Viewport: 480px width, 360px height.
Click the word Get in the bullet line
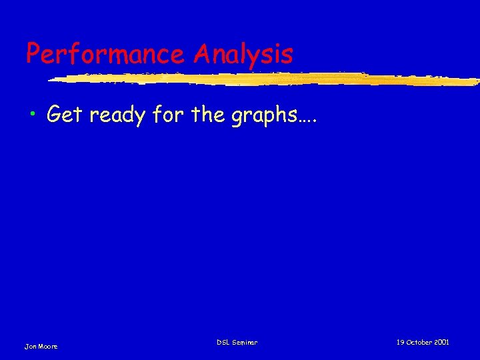point(65,115)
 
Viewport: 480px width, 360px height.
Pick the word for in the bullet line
point(168,115)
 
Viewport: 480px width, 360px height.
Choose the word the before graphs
point(209,115)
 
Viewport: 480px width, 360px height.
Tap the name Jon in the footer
point(30,346)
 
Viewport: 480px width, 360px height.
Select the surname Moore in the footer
point(48,346)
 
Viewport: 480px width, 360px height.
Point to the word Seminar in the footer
point(245,342)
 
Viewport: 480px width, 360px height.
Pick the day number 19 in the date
point(400,342)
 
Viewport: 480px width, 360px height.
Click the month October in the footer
point(419,342)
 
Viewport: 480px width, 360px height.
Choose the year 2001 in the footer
point(441,342)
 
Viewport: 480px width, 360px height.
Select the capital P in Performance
point(33,53)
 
